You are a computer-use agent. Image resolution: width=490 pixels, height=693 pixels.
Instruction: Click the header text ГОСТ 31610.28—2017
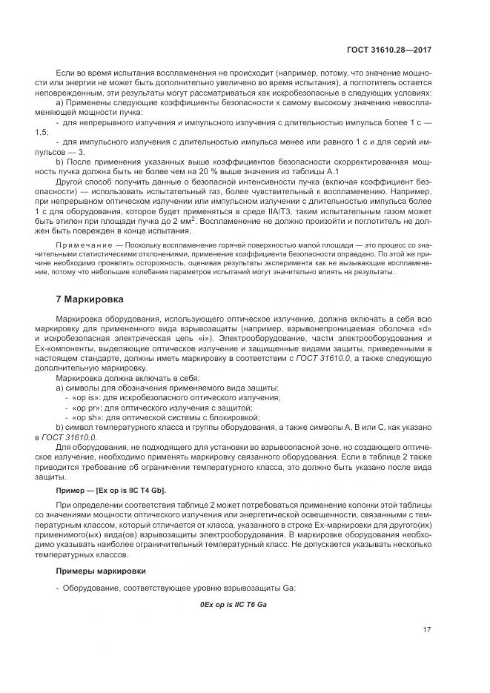[389, 50]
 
